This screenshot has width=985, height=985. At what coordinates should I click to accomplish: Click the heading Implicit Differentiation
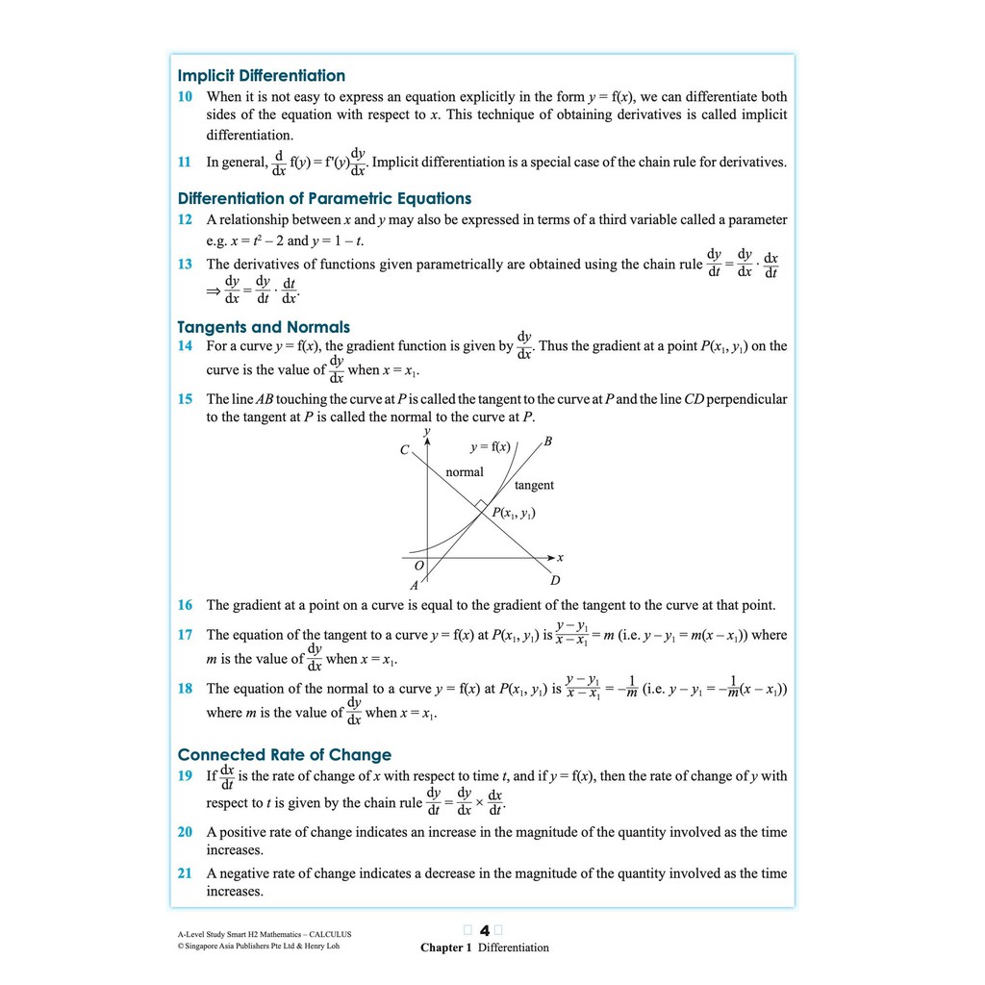262,76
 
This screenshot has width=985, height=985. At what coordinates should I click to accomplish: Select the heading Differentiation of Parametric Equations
324,199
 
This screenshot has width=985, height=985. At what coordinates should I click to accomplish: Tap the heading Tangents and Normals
264,327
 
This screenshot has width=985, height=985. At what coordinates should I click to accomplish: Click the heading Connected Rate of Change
285,755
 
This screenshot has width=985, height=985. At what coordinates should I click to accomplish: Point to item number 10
185,97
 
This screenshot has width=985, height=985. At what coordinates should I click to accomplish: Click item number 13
185,264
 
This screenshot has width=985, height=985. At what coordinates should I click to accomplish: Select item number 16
185,605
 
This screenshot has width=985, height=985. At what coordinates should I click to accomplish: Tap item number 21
185,873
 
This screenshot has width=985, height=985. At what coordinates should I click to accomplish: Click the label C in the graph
405,450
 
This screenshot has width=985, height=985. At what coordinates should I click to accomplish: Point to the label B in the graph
547,442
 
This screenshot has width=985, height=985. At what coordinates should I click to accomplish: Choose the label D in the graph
555,581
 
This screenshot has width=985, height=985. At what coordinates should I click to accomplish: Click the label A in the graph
415,585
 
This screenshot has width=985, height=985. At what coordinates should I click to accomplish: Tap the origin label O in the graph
418,566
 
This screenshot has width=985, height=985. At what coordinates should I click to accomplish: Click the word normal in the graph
465,472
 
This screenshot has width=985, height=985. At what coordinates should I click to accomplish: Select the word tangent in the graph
534,486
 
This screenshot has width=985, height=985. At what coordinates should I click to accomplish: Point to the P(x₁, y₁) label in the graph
514,513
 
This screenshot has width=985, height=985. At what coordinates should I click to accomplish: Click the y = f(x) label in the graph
490,447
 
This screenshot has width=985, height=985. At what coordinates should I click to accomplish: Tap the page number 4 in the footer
485,930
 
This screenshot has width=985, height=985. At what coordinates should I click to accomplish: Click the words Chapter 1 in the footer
446,947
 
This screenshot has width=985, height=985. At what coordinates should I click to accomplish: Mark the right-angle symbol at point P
479,504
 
